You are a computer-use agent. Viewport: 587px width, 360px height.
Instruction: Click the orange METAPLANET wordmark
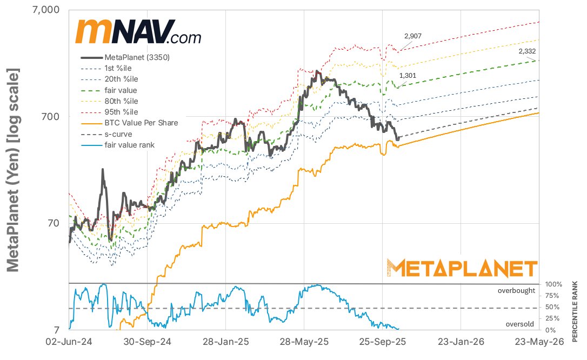[x=462, y=268]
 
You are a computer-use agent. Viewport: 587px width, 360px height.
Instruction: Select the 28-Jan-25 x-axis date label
[x=225, y=342]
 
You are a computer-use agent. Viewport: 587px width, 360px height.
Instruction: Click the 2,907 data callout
[x=413, y=36]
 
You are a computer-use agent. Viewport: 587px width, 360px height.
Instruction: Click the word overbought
[x=516, y=290]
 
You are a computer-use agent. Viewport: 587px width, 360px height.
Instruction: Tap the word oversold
[x=520, y=324]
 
